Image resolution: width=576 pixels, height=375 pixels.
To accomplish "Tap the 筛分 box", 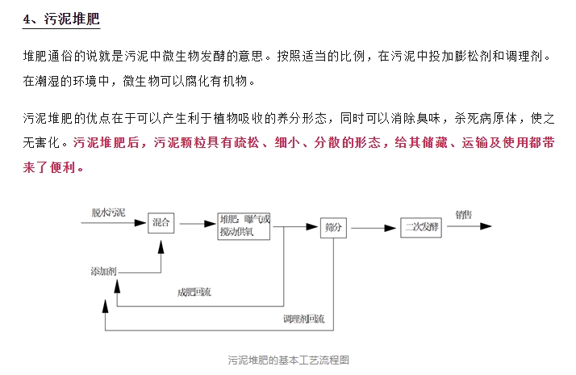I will [x=333, y=229].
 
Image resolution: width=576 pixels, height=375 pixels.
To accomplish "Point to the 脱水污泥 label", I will [x=108, y=213].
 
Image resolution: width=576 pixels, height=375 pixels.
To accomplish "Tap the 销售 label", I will [x=464, y=215].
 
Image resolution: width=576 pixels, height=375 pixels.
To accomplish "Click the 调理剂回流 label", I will [x=303, y=320].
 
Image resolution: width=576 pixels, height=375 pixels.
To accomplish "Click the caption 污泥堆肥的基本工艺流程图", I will [x=288, y=360].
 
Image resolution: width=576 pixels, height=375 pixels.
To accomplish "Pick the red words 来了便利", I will [x=53, y=167].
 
